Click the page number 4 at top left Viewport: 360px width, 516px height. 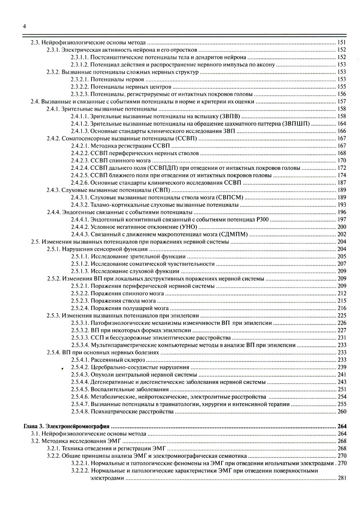coord(24,26)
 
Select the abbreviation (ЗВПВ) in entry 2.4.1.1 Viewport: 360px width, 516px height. coord(230,116)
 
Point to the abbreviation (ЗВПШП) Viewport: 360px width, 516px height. coord(297,124)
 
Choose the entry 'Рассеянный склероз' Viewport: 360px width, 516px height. coord(118,360)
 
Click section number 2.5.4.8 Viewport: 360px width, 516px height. coord(80,412)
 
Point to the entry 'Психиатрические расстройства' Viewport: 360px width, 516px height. coord(132,412)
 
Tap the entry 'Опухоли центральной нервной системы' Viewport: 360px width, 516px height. coord(138,374)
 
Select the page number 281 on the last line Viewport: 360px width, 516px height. coord(342,478)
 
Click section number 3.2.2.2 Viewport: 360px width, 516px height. coord(80,471)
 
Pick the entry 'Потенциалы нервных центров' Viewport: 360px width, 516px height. coord(131,87)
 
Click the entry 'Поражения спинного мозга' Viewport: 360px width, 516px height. coord(127,293)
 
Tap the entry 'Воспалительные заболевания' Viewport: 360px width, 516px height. coord(130,389)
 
